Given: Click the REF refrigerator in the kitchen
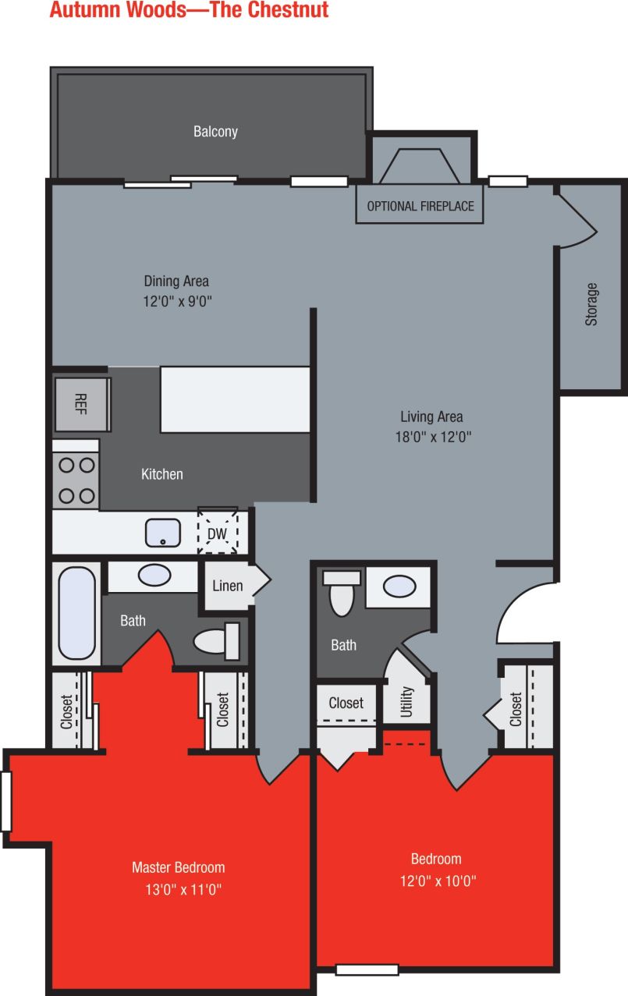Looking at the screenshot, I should click(82, 404).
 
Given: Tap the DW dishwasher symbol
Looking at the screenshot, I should click(217, 533).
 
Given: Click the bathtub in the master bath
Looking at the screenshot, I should click(76, 614).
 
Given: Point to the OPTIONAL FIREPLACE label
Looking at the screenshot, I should click(420, 207).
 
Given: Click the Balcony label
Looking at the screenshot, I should click(215, 131).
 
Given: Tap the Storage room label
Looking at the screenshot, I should click(591, 303).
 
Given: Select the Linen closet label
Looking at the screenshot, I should click(228, 586).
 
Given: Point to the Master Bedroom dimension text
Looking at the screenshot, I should click(178, 889).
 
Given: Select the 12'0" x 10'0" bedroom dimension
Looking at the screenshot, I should click(436, 881).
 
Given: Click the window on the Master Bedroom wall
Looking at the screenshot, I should click(6, 801).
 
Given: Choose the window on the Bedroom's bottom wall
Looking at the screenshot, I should click(367, 969).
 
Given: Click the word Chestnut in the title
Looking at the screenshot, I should click(286, 10).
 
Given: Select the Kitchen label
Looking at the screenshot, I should click(162, 473).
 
